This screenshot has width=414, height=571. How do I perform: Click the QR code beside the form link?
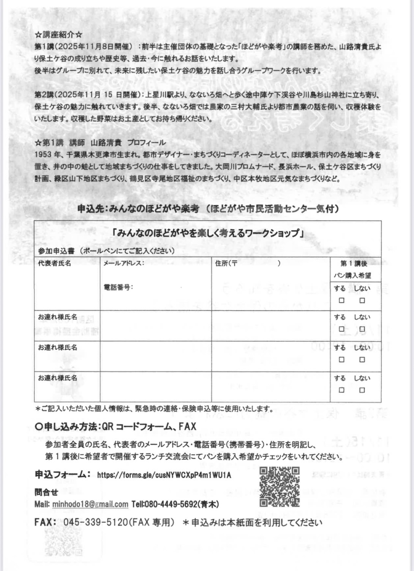(x=280, y=487)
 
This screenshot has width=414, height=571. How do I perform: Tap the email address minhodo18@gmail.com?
(x=90, y=504)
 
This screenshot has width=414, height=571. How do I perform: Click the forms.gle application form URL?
(x=164, y=475)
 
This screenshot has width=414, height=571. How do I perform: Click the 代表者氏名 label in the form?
(x=54, y=263)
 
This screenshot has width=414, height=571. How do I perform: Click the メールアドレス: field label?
(x=124, y=263)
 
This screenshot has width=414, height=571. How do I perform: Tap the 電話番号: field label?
(x=118, y=287)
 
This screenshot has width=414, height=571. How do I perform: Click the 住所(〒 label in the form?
(x=226, y=263)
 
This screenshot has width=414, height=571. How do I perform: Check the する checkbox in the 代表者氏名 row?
(x=341, y=300)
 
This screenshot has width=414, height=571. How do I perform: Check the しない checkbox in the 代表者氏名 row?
(x=362, y=300)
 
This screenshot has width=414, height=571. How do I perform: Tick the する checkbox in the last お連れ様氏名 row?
(x=341, y=390)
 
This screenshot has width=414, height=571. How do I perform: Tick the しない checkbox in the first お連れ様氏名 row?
(x=362, y=329)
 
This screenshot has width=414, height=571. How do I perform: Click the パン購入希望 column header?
(x=352, y=275)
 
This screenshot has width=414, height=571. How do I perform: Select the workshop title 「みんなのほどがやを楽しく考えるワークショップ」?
(x=207, y=233)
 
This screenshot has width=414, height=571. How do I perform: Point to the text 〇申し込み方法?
(x=66, y=427)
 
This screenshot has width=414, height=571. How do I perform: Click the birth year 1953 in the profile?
(x=43, y=155)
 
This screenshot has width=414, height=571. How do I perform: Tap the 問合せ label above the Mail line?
(x=46, y=492)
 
